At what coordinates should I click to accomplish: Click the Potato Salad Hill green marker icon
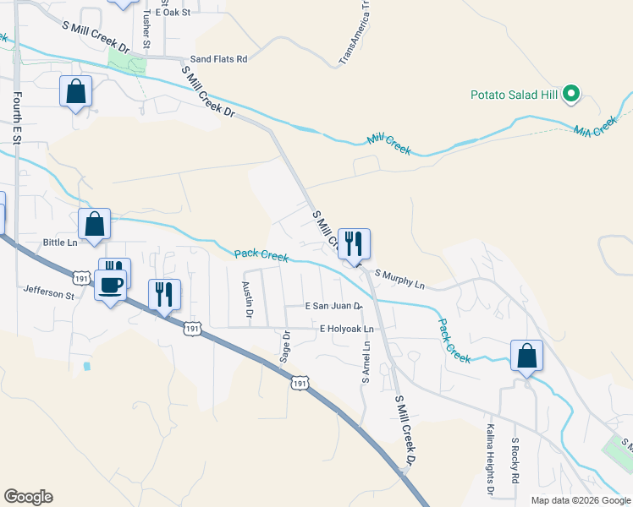coord(570,94)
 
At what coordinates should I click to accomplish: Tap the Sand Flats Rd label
coord(218,59)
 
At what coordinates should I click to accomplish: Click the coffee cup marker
coord(110,286)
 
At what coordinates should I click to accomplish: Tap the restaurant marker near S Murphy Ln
coord(354,243)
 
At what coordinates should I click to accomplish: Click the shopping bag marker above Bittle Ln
coord(94,225)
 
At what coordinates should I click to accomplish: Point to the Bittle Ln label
coord(60,243)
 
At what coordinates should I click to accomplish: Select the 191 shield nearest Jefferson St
coord(80,277)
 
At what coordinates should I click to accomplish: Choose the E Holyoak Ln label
coord(346,328)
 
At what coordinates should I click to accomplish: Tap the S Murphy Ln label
coord(399,278)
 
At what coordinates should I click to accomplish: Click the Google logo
coord(28,497)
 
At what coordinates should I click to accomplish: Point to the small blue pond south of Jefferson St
coord(86,367)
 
